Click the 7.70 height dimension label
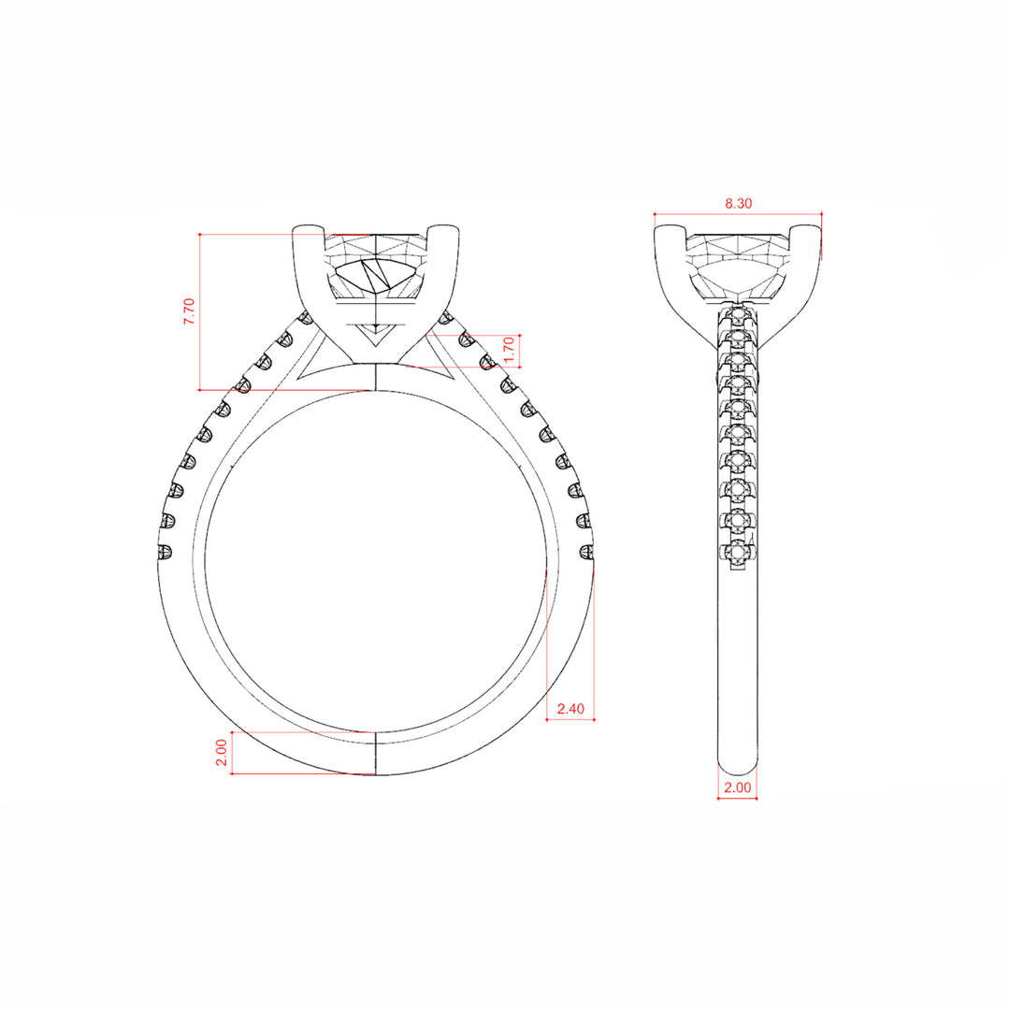click(x=189, y=311)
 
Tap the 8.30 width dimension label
click(x=738, y=204)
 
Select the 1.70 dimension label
click(x=509, y=350)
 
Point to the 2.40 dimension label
click(x=570, y=709)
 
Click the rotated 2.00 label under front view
click(x=221, y=752)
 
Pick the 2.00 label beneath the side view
click(x=738, y=787)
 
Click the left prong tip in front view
click(x=308, y=229)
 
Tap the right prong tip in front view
click(x=444, y=229)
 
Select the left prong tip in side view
click(x=670, y=229)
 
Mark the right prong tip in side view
click(x=806, y=229)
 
